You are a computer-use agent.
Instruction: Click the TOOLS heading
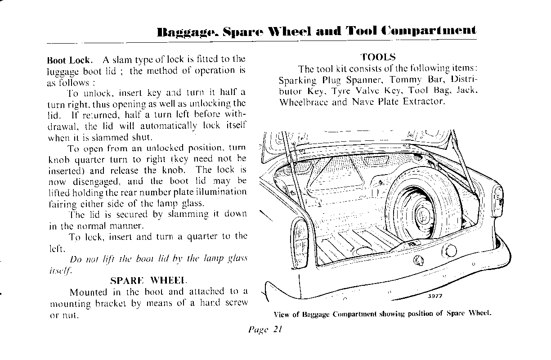(x=378, y=57)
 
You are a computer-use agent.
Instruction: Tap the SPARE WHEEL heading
(x=149, y=280)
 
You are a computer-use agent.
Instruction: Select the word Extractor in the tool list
(x=424, y=102)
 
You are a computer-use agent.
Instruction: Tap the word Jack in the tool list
(x=466, y=91)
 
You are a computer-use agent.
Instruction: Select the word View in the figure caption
(x=282, y=315)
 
